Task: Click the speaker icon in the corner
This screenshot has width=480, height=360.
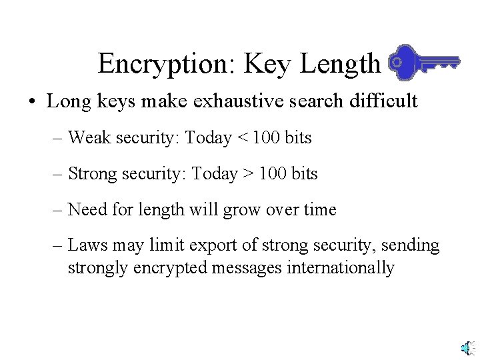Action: [469, 347]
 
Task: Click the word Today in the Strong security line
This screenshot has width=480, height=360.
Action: [209, 175]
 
